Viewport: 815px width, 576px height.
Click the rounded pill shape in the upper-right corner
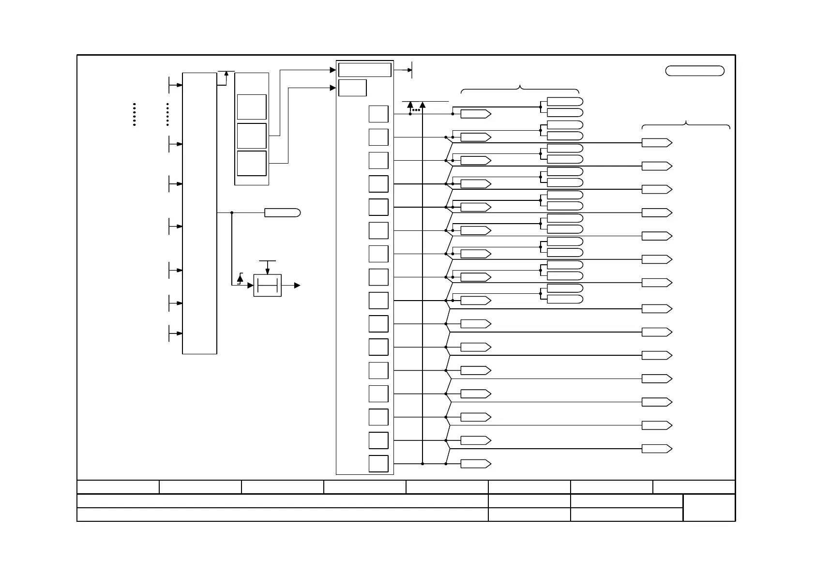pyautogui.click(x=694, y=71)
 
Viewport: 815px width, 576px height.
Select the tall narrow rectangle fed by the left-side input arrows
pyautogui.click(x=199, y=213)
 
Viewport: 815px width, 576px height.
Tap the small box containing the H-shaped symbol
pyautogui.click(x=267, y=286)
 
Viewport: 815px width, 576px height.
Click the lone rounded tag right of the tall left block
pyautogui.click(x=282, y=212)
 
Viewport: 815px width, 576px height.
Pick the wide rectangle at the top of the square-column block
pyautogui.click(x=364, y=70)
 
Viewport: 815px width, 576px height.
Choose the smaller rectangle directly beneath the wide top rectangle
pyautogui.click(x=352, y=88)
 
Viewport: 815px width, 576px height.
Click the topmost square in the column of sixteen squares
pyautogui.click(x=378, y=114)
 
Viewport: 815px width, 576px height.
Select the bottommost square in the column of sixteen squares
pyautogui.click(x=378, y=464)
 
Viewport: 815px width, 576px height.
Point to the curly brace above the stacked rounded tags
pyautogui.click(x=520, y=90)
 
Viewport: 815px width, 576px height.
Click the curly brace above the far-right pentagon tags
pyautogui.click(x=686, y=125)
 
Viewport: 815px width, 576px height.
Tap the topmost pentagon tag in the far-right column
pyautogui.click(x=657, y=143)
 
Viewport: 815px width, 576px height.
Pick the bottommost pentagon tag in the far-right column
pyautogui.click(x=657, y=449)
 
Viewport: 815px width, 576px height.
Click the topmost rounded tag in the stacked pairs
pyautogui.click(x=565, y=102)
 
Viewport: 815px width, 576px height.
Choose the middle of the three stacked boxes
pyautogui.click(x=252, y=136)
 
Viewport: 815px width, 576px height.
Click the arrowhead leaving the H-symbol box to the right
pyautogui.click(x=297, y=286)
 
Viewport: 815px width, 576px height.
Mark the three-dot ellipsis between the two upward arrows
pyautogui.click(x=416, y=110)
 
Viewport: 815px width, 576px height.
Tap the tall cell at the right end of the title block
pyautogui.click(x=709, y=507)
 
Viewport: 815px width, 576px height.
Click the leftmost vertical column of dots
pyautogui.click(x=134, y=114)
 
